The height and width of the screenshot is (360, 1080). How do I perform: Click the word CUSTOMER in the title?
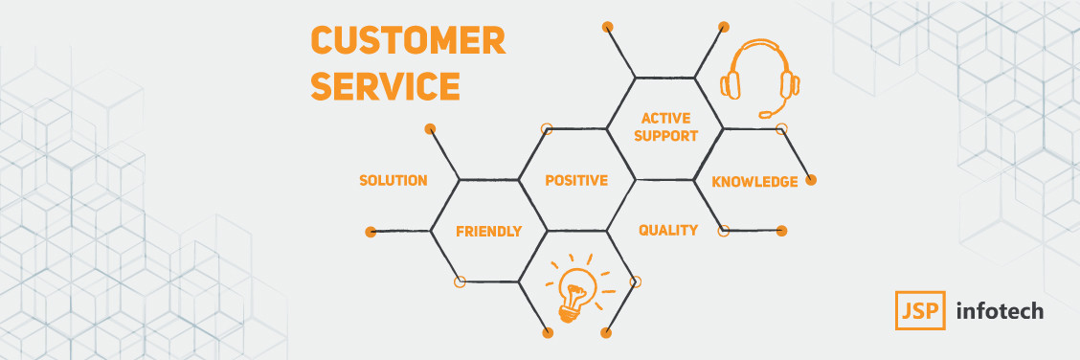[408, 40]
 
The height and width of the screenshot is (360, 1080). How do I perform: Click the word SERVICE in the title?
[385, 87]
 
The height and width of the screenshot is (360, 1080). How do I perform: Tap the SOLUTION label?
[394, 180]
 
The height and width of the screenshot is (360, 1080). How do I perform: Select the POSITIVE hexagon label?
[576, 180]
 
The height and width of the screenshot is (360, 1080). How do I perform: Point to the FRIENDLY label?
[489, 232]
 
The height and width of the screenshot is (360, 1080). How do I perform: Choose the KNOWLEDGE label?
[754, 182]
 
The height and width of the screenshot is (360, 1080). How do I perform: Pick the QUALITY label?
[668, 230]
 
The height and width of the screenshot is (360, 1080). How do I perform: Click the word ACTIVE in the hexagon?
[666, 119]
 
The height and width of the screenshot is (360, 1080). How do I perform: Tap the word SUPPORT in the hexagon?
[666, 136]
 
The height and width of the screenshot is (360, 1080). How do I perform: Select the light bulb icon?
[576, 285]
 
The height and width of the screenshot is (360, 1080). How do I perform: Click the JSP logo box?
[920, 310]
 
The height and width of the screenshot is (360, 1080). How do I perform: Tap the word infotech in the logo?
[1001, 311]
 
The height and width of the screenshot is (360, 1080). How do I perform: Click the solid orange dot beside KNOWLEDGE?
[811, 180]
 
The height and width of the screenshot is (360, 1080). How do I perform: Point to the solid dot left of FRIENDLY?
[371, 232]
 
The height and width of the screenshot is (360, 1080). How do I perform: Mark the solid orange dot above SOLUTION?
[431, 128]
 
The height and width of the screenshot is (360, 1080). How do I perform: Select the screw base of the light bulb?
[568, 315]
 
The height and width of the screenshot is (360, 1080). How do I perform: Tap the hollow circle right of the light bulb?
[636, 281]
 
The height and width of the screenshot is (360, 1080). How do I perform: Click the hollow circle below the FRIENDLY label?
[461, 281]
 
